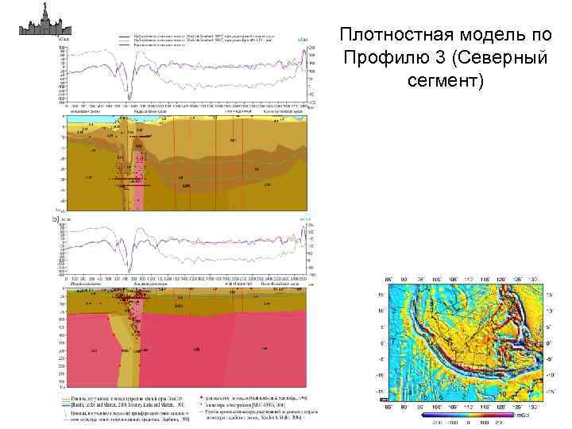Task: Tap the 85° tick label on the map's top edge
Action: (x=388, y=280)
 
